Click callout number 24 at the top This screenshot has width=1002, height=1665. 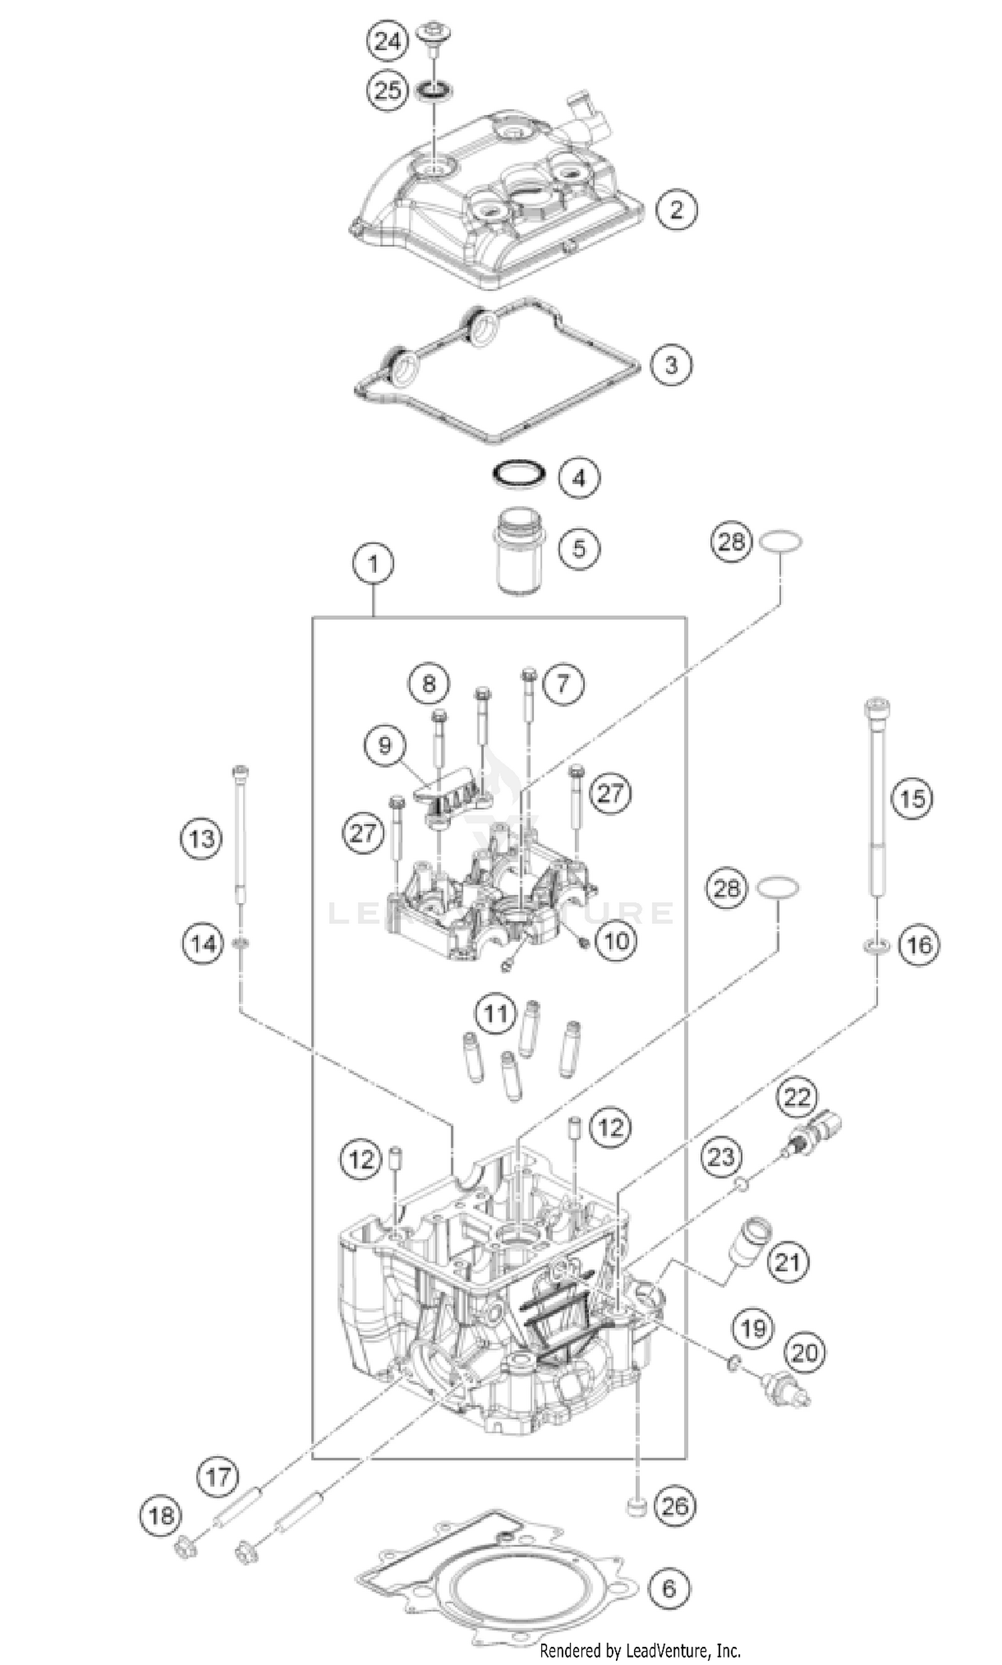coord(387,42)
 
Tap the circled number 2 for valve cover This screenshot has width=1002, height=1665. coord(676,209)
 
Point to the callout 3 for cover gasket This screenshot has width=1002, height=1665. coord(671,365)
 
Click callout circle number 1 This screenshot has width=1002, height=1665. coord(373,563)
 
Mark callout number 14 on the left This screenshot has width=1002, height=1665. coord(202,943)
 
